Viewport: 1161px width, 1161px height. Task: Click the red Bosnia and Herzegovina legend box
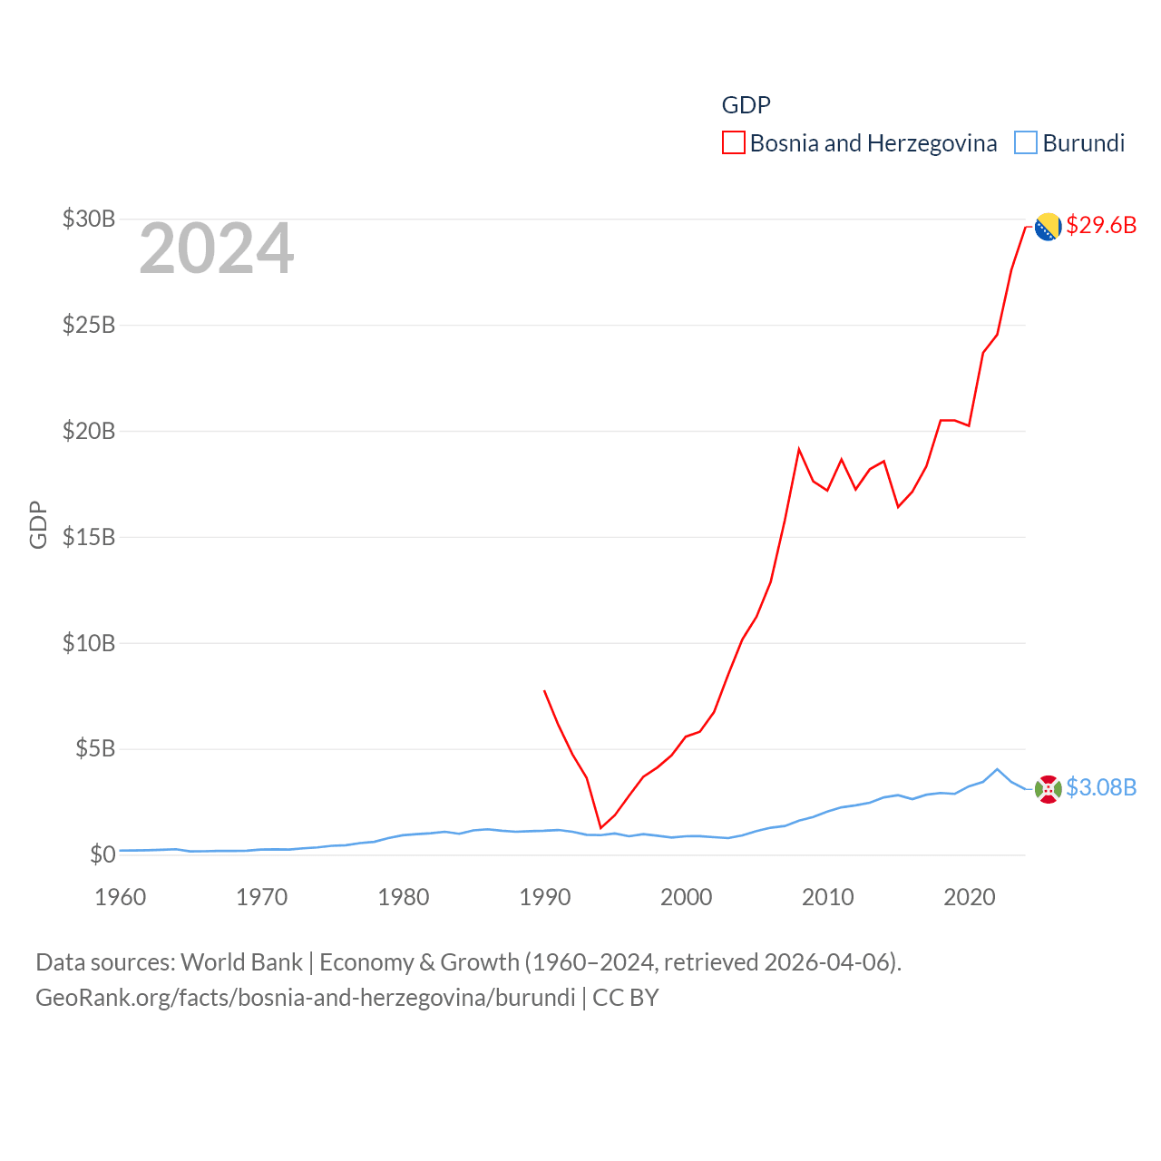pyautogui.click(x=733, y=143)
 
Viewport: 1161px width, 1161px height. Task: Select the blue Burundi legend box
pyautogui.click(x=1025, y=143)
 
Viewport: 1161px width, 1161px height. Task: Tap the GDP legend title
pyautogui.click(x=746, y=105)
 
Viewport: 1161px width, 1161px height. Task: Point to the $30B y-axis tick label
pyautogui.click(x=89, y=219)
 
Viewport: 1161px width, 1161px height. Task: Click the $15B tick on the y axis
pyautogui.click(x=89, y=537)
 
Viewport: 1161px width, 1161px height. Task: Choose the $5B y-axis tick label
pyautogui.click(x=95, y=749)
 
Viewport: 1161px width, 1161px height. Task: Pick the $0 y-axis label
pyautogui.click(x=102, y=854)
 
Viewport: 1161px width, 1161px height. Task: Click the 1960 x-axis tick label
pyautogui.click(x=120, y=898)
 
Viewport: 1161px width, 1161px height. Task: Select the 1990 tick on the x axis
pyautogui.click(x=544, y=898)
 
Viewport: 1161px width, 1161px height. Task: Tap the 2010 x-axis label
pyautogui.click(x=827, y=898)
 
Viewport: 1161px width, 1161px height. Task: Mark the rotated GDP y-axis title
pyautogui.click(x=38, y=524)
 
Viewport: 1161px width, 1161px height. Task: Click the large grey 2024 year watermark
pyautogui.click(x=216, y=249)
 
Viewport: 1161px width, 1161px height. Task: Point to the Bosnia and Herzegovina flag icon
pyautogui.click(x=1048, y=227)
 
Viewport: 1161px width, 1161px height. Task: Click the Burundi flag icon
pyautogui.click(x=1048, y=789)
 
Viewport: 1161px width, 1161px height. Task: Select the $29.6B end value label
pyautogui.click(x=1101, y=225)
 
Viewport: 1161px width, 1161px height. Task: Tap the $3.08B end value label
pyautogui.click(x=1101, y=787)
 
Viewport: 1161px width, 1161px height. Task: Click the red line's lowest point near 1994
pyautogui.click(x=600, y=827)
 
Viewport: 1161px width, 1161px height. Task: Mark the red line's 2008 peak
pyautogui.click(x=799, y=449)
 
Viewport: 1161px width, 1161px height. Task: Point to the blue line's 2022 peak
pyautogui.click(x=997, y=769)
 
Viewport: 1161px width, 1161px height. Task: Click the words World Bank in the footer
pyautogui.click(x=241, y=962)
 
